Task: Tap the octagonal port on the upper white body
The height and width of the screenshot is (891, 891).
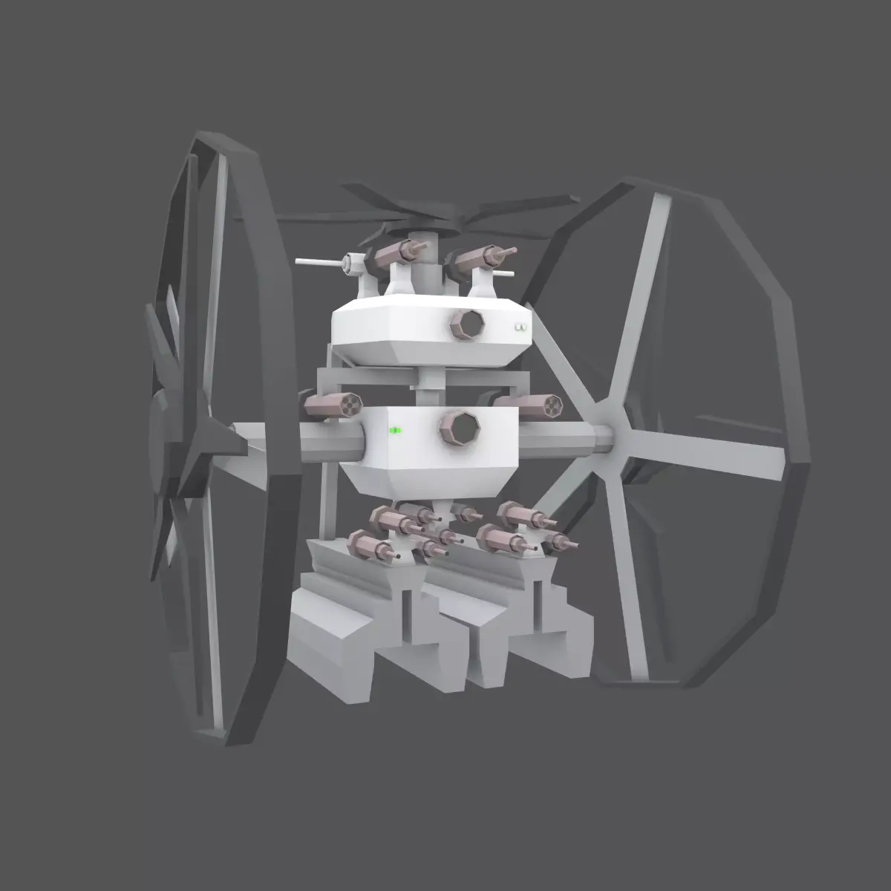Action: pos(467,324)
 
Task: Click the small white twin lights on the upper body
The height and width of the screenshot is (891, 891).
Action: pos(520,326)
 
